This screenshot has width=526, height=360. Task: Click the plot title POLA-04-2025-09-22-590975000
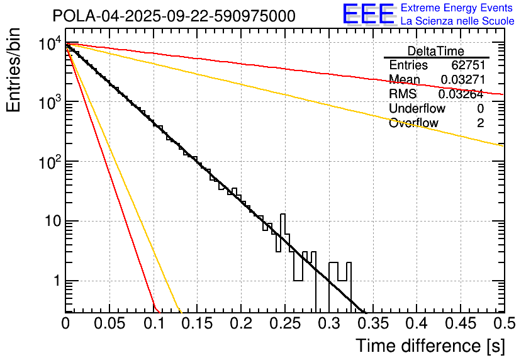tap(174, 16)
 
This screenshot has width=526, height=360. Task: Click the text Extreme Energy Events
tap(457, 8)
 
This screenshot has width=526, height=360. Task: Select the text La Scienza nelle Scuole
tap(457, 21)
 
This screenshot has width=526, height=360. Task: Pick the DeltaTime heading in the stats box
tap(435, 51)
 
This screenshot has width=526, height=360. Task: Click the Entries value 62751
tap(467, 65)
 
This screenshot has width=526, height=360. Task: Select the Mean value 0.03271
tap(462, 80)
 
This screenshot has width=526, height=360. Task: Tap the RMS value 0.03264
tap(461, 94)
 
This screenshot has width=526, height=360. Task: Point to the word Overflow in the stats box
tap(413, 123)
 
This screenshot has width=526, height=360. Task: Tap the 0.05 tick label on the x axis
tap(109, 324)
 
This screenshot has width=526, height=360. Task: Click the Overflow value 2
tap(480, 123)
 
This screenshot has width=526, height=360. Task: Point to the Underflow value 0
tap(480, 109)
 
